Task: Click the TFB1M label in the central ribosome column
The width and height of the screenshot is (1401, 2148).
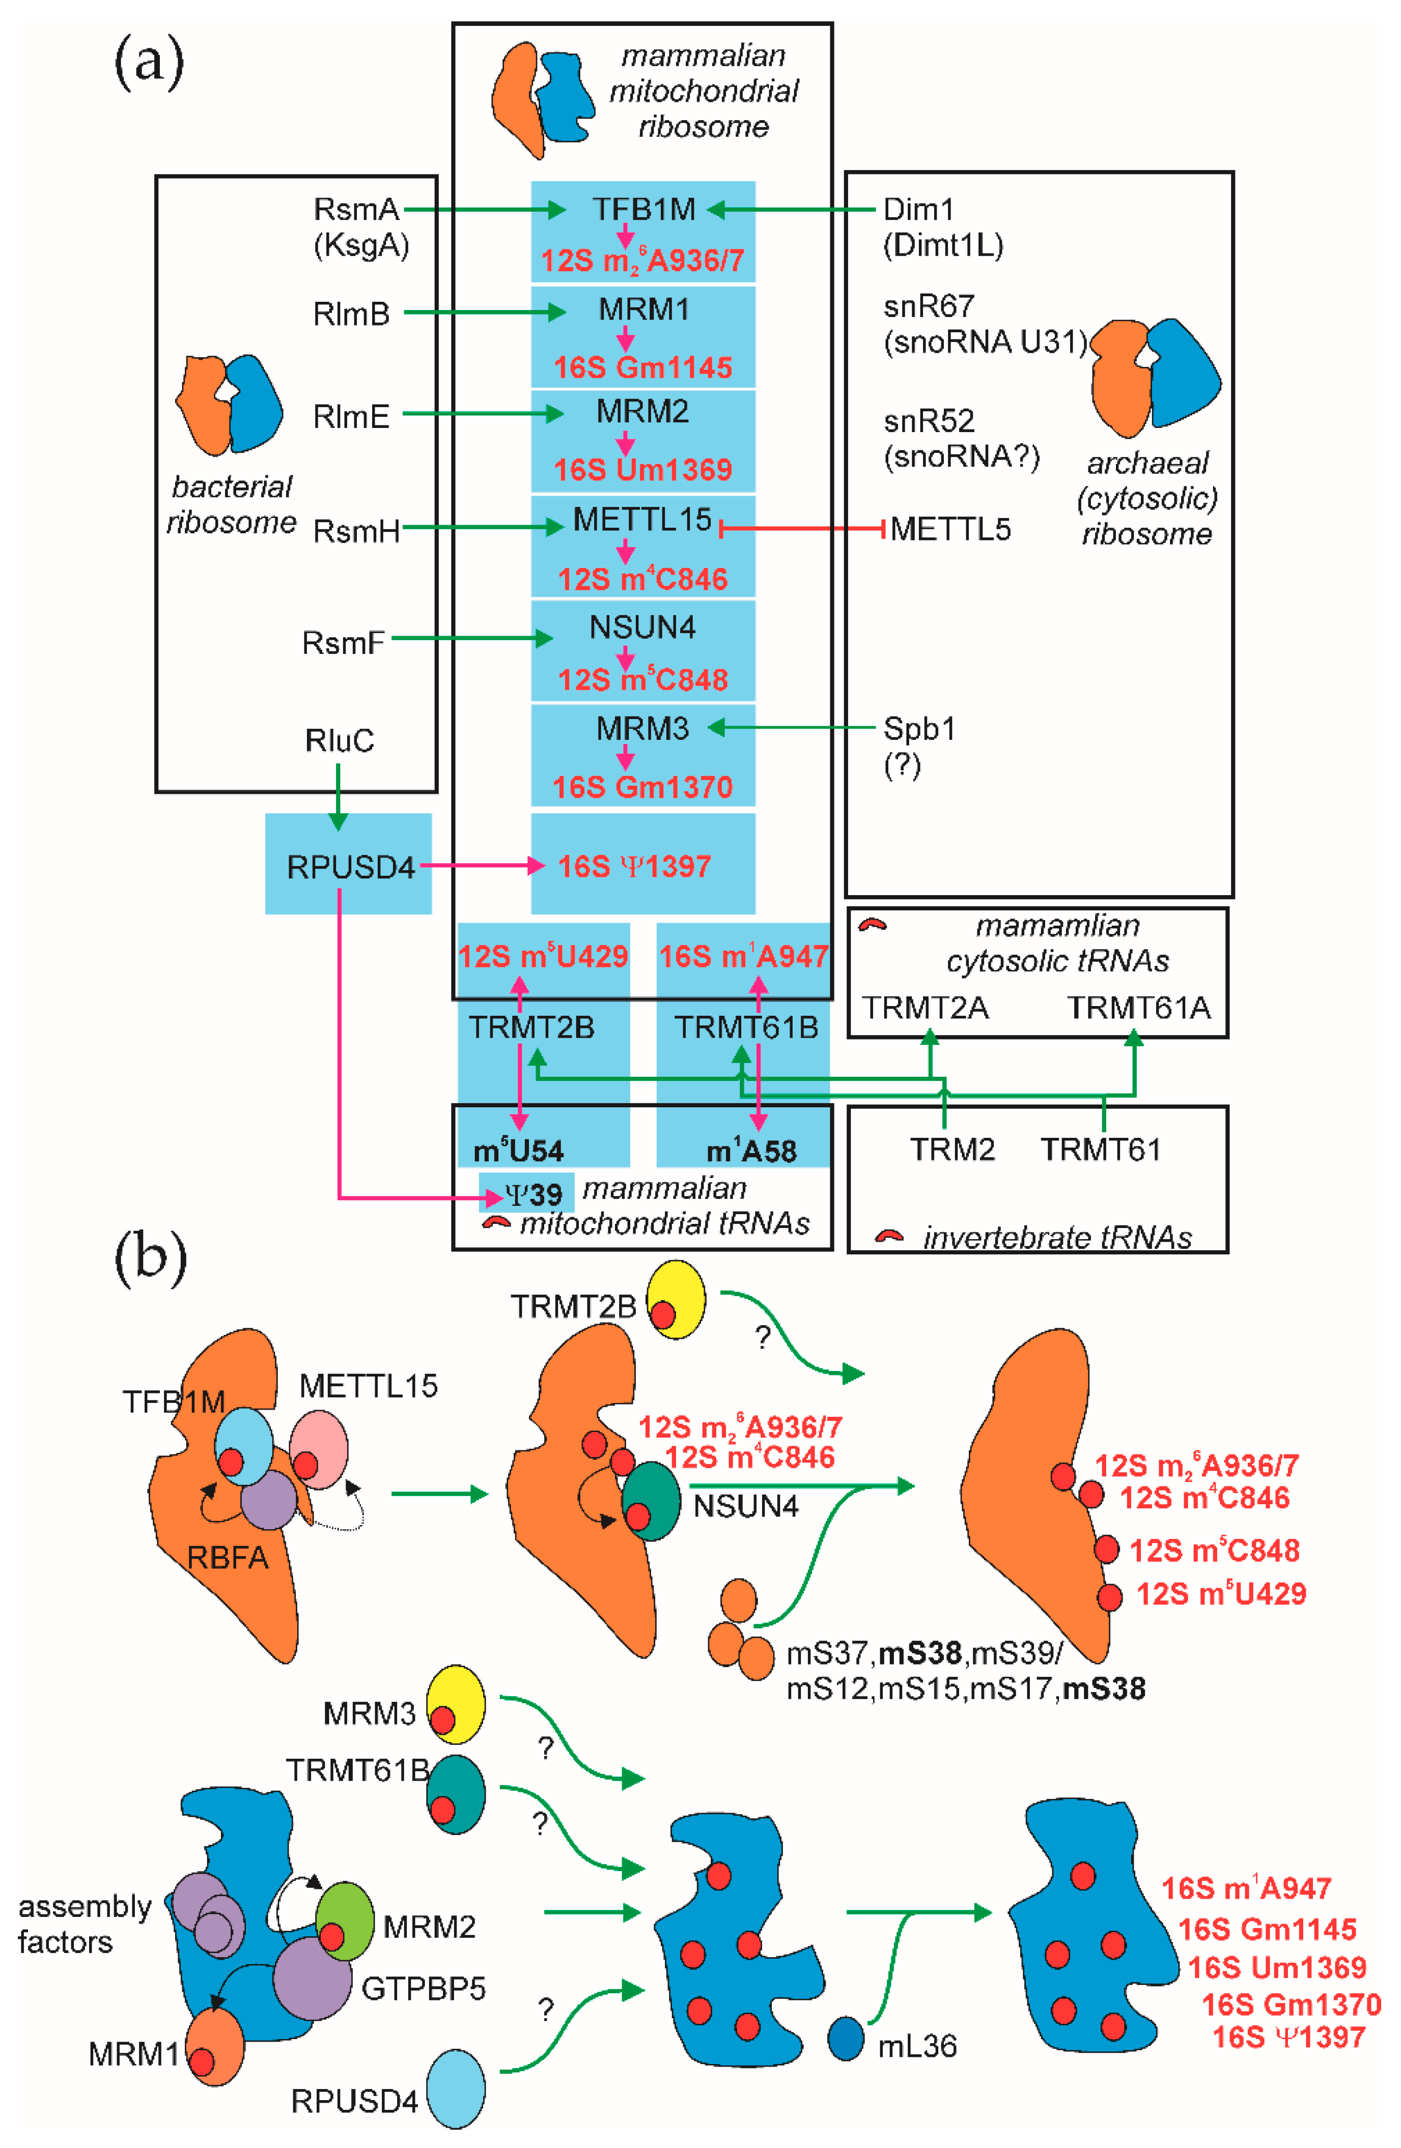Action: click(643, 209)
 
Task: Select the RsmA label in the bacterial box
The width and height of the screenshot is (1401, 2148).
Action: click(356, 209)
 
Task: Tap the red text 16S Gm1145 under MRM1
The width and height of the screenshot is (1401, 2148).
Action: click(643, 367)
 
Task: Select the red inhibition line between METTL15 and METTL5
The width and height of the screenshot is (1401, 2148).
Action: click(802, 529)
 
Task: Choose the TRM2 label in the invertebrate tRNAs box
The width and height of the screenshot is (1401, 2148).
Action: click(951, 1149)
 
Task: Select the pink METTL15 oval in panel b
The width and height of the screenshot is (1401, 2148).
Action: click(319, 1450)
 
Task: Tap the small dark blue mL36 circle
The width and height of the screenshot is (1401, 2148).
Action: click(846, 2039)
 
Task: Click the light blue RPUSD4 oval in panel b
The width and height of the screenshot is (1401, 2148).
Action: click(456, 2089)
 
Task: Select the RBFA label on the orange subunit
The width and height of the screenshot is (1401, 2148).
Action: click(228, 1558)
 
